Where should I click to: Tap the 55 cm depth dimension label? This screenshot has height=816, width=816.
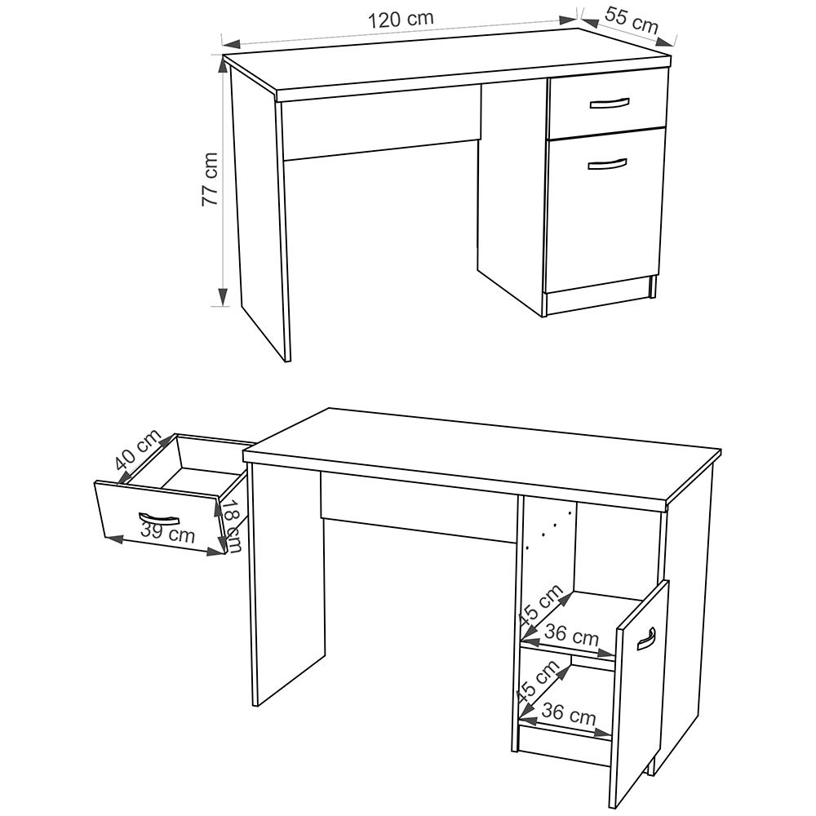[x=632, y=21]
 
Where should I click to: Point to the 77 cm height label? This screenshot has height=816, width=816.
[x=210, y=179]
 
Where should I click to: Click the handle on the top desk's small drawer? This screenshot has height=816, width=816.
[x=610, y=104]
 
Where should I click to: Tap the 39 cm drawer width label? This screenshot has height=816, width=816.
[x=167, y=532]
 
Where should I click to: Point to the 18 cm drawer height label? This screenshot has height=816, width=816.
[x=233, y=526]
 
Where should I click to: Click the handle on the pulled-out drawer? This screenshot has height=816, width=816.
[x=159, y=518]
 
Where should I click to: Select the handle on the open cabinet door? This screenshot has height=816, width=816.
[x=647, y=639]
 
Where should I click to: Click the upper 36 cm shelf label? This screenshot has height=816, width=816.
[x=571, y=635]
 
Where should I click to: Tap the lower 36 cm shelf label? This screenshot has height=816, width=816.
[x=568, y=714]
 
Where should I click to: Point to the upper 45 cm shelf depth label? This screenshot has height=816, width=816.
[x=541, y=605]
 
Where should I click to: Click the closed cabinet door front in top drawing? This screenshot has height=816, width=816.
[x=605, y=211]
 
